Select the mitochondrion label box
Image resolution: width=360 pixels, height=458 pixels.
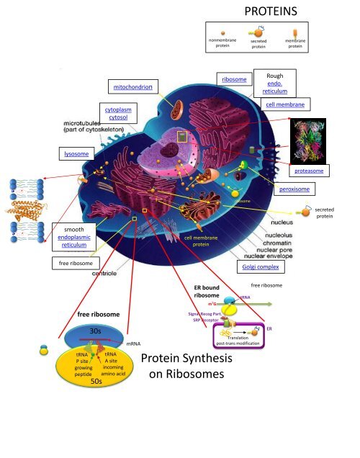132,86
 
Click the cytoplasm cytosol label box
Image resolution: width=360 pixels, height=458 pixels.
118,113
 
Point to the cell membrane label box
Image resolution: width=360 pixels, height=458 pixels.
285,104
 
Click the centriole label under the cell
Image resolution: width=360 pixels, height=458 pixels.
107,273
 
